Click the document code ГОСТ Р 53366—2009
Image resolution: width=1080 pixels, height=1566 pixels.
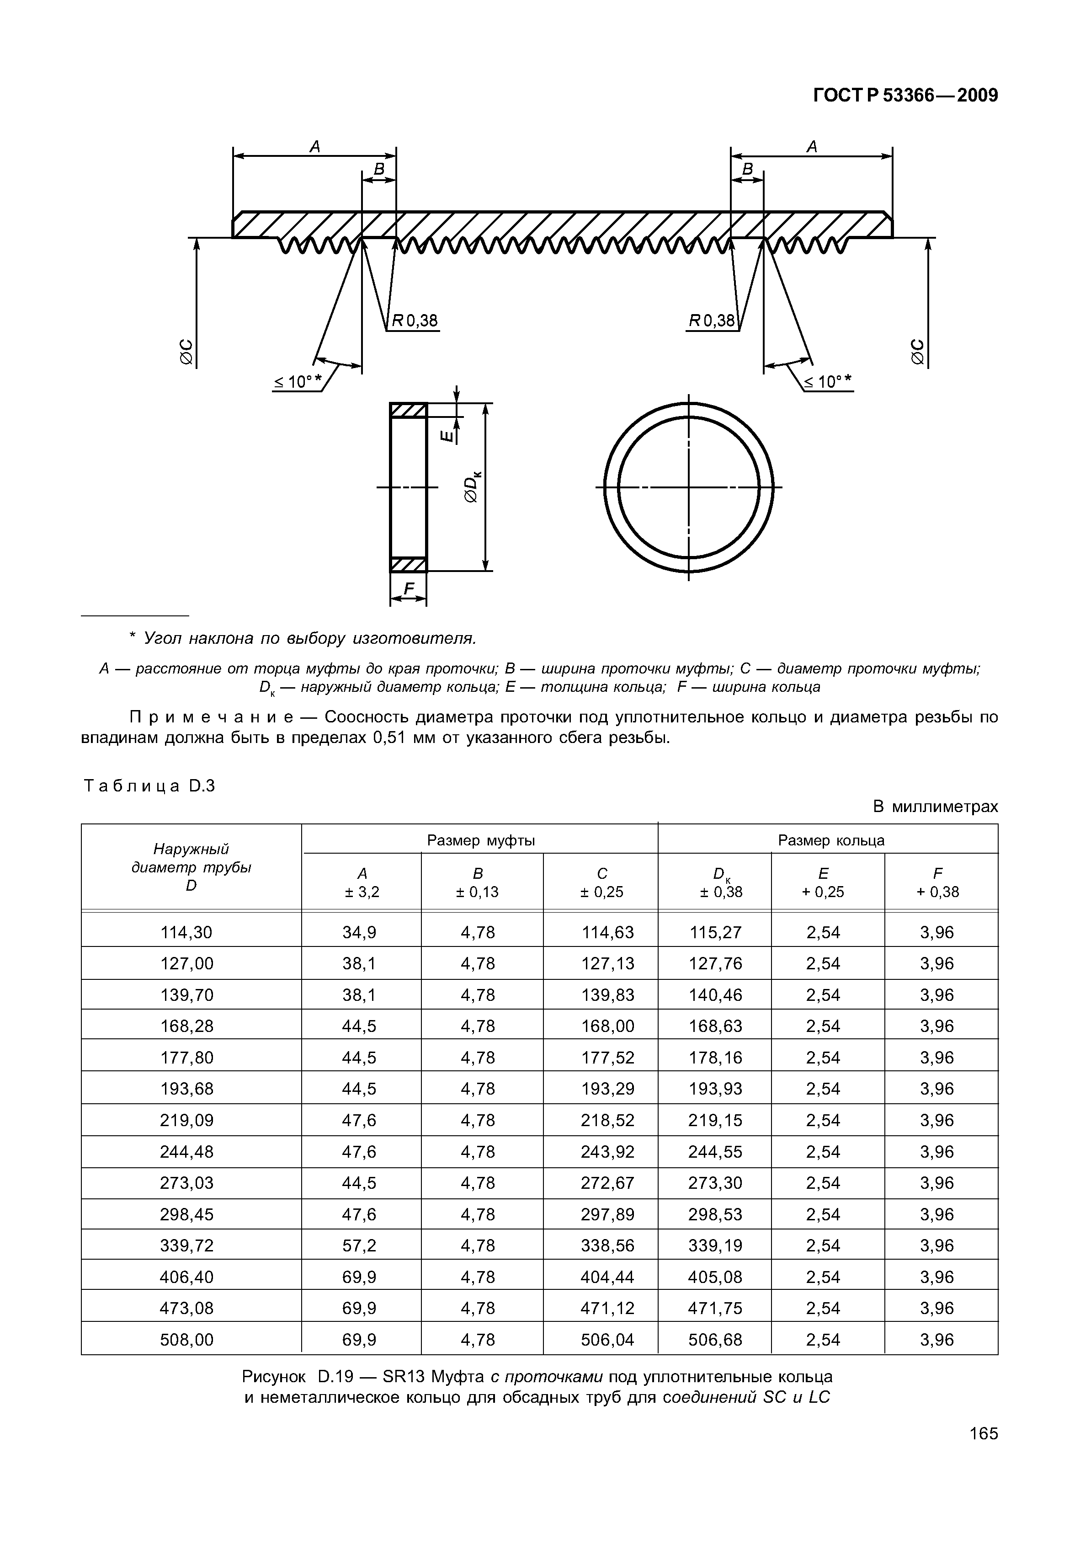(905, 96)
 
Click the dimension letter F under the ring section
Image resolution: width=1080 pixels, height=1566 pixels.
(408, 590)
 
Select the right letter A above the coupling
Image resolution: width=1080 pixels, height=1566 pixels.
(812, 147)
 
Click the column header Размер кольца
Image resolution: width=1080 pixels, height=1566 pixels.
(830, 840)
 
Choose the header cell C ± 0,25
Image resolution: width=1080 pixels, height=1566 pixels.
(601, 882)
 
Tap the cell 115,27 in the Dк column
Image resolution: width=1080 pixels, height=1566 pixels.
(715, 933)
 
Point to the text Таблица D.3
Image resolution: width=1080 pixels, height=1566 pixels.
(149, 786)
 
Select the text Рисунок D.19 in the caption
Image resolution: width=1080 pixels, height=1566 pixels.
(294, 1377)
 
